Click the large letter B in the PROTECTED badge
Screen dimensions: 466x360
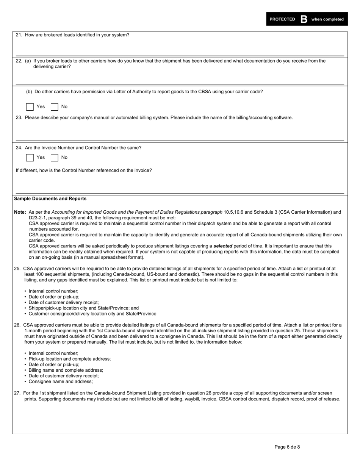tap(304, 19)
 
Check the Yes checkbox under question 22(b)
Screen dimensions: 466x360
tap(30, 107)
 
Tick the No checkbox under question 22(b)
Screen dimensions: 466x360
tap(55, 107)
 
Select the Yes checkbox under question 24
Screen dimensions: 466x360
tap(30, 158)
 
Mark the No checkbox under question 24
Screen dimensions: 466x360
tap(55, 158)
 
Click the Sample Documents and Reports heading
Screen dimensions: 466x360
tap(50, 199)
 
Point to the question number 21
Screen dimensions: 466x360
tap(19, 35)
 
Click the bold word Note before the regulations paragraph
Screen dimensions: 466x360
tap(20, 212)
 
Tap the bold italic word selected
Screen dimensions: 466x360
tap(223, 246)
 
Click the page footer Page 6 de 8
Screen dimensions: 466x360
tap(287, 447)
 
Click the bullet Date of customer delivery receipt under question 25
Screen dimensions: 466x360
tap(64, 302)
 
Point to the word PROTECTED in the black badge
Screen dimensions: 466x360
tap(282, 19)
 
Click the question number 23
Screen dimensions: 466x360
tap(19, 118)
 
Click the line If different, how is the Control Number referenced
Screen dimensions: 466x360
tap(84, 170)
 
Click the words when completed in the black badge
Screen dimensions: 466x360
tap(327, 19)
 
